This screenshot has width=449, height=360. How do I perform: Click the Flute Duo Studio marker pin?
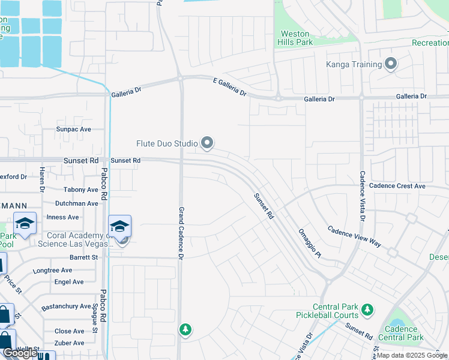[x=207, y=143]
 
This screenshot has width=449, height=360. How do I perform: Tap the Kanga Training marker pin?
[x=391, y=64]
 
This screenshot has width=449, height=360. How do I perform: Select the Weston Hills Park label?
[x=295, y=38]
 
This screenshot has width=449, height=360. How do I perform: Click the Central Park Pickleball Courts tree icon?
[x=367, y=310]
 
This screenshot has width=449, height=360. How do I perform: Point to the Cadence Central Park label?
[x=402, y=333]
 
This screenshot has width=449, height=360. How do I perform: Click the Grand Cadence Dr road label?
[x=180, y=233]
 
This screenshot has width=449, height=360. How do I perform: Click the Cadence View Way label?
[x=354, y=236]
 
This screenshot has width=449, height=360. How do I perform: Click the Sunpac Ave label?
[x=73, y=129]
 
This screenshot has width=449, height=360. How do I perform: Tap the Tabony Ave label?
[x=80, y=190]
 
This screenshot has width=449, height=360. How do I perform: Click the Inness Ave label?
[x=62, y=217]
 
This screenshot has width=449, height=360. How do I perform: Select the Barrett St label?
[x=83, y=257]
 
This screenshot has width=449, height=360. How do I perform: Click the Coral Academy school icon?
[x=119, y=226]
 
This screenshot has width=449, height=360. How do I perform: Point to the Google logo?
[x=20, y=353]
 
